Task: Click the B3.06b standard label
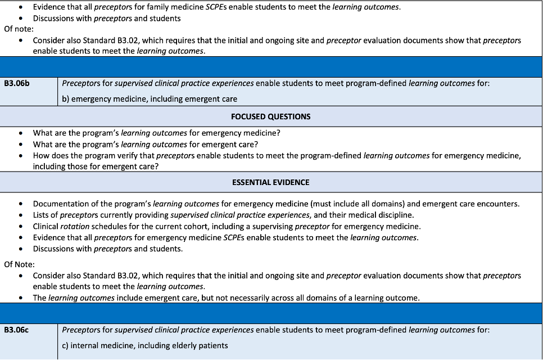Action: click(x=17, y=83)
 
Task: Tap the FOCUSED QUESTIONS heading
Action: click(x=270, y=116)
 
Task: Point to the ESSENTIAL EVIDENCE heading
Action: click(x=270, y=182)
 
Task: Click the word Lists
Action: click(x=42, y=215)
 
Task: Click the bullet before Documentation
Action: click(x=21, y=204)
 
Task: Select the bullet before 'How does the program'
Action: click(x=21, y=156)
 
